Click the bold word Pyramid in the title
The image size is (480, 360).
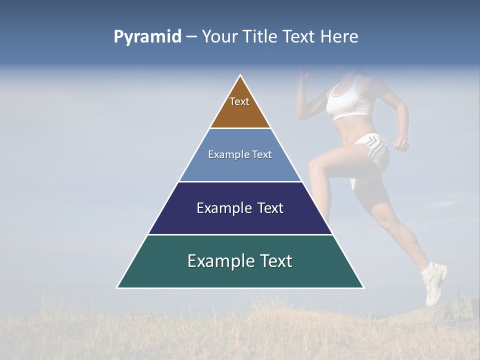(147, 37)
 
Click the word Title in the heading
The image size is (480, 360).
(262, 37)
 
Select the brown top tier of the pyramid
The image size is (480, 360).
(240, 112)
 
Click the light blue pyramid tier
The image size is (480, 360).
(240, 167)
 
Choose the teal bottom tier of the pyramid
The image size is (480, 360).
(240, 275)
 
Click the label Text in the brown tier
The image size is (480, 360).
(239, 101)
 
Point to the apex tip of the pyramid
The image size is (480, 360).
(240, 76)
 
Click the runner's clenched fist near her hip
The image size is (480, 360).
(400, 144)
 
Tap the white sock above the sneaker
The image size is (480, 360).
(429, 271)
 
